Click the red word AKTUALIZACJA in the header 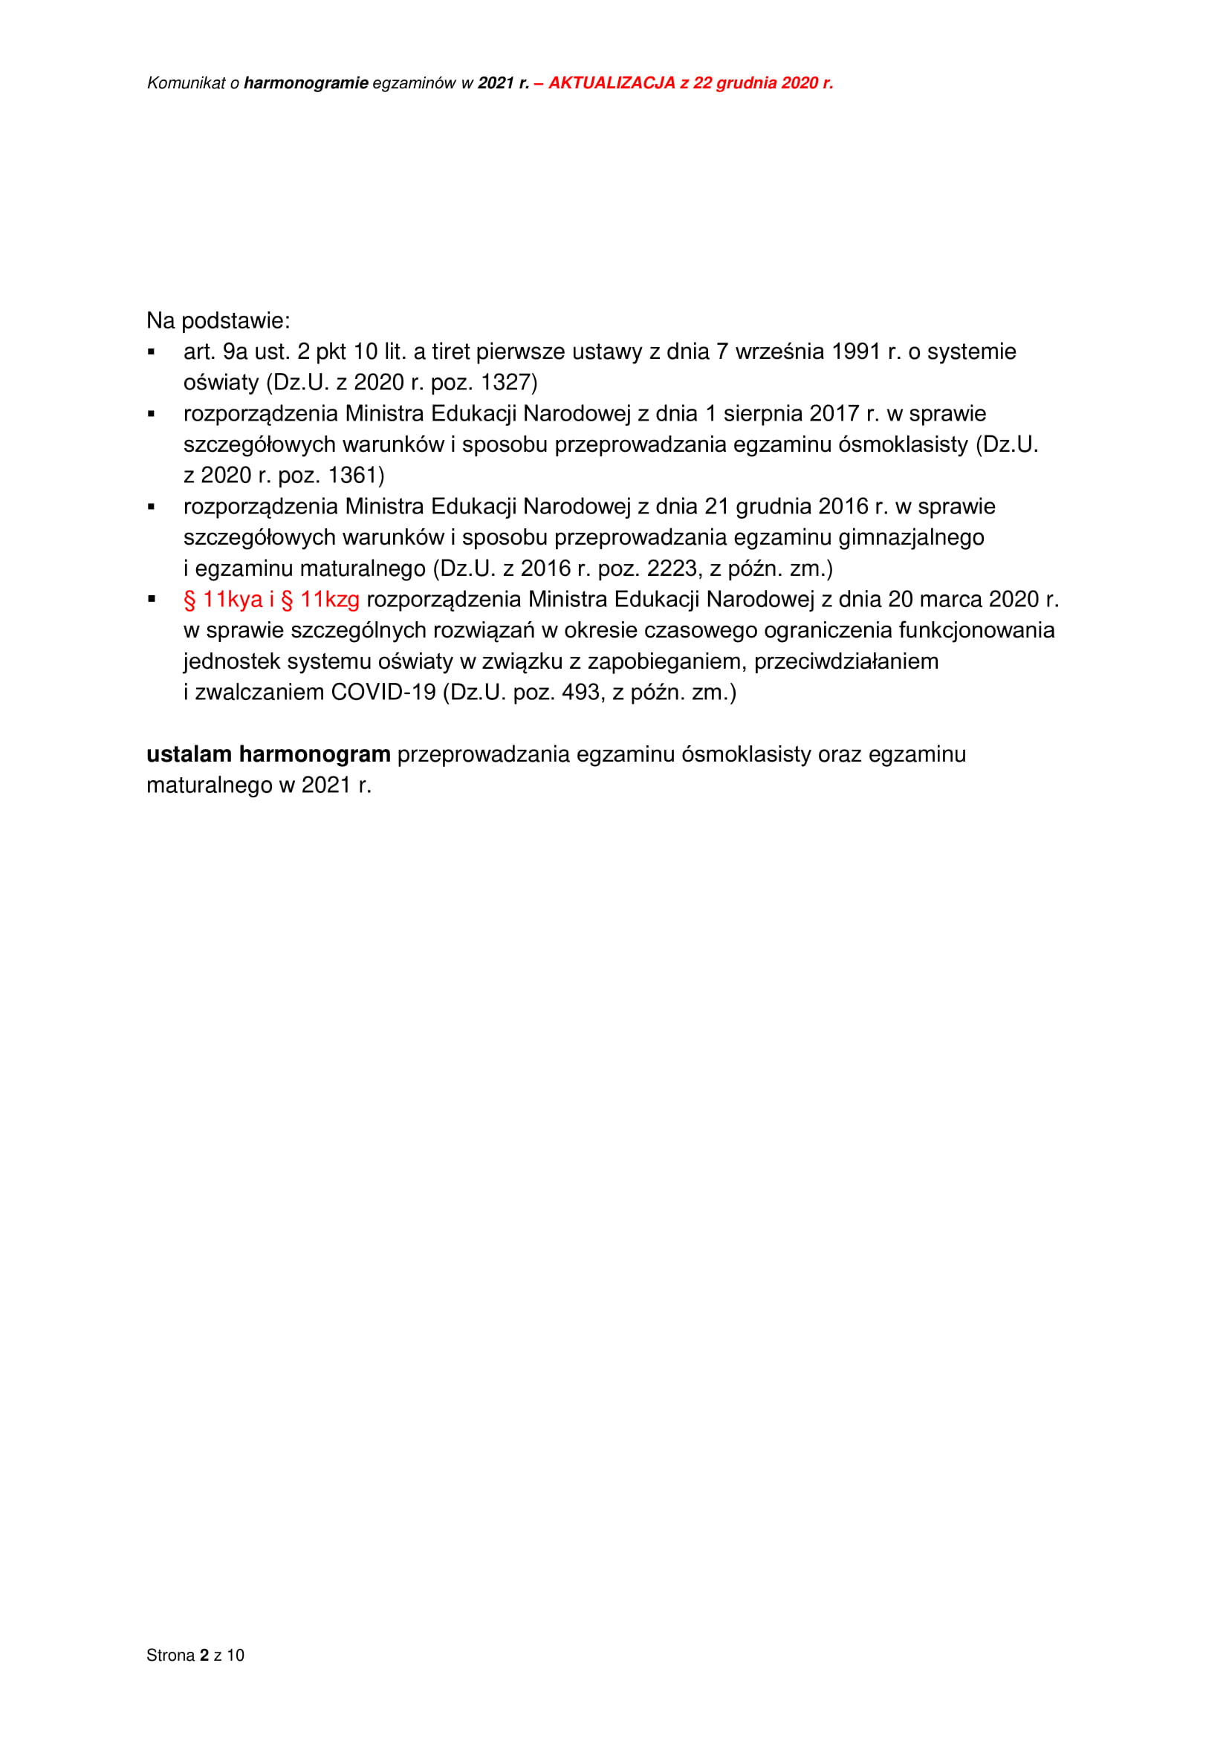point(612,83)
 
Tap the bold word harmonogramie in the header point(305,83)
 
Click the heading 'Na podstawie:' point(218,321)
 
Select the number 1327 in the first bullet point(508,383)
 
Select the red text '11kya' point(233,600)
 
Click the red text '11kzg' point(330,600)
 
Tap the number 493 point(581,693)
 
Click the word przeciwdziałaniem point(846,661)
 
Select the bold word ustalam point(189,755)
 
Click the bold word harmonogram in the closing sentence point(315,755)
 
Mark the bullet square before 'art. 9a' point(152,352)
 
